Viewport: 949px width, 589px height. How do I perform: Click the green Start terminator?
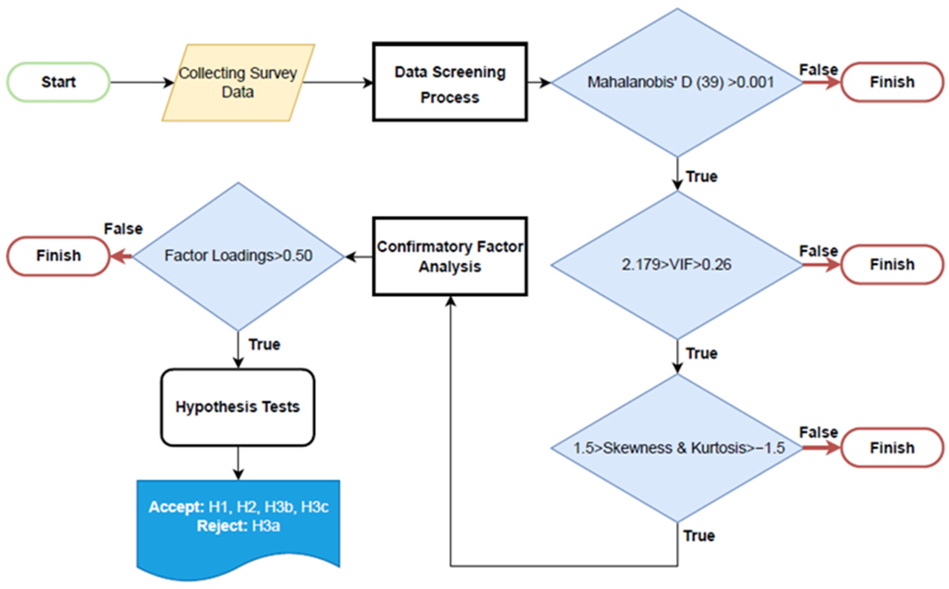click(x=59, y=82)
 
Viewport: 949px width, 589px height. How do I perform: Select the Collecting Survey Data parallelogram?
click(x=238, y=83)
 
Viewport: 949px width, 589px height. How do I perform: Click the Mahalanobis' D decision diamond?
click(x=677, y=82)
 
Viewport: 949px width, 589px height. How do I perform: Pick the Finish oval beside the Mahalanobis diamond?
click(x=892, y=82)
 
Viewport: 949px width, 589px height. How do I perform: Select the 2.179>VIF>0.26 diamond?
click(x=677, y=265)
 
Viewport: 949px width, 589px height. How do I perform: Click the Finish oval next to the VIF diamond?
click(x=892, y=265)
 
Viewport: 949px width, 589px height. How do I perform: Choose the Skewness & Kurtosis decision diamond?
click(x=677, y=448)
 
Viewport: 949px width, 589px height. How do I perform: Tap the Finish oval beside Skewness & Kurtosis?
click(x=892, y=448)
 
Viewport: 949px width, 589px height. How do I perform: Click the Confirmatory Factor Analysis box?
click(x=450, y=257)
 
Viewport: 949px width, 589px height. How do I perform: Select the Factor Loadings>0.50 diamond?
click(x=238, y=256)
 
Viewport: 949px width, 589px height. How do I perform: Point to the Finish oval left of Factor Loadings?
click(x=59, y=256)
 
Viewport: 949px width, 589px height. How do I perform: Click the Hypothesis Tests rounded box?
click(x=238, y=407)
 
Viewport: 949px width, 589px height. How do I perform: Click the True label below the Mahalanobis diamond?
click(x=702, y=177)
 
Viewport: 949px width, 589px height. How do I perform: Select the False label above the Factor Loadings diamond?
click(x=123, y=229)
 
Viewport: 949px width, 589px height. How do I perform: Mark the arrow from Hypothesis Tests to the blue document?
click(x=238, y=463)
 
